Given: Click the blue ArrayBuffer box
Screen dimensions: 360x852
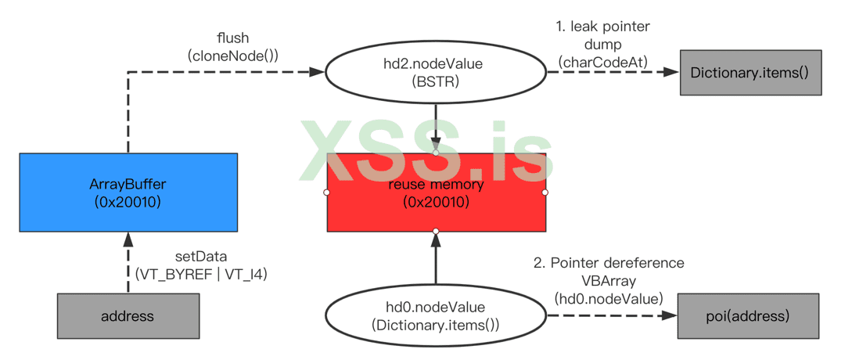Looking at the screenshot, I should [x=128, y=193].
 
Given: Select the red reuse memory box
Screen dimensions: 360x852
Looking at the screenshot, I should [x=436, y=193].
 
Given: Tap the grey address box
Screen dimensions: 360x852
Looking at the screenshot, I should [x=128, y=316].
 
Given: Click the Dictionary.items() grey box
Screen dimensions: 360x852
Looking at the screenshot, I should [x=750, y=73].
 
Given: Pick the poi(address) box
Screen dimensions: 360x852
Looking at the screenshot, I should [x=748, y=316].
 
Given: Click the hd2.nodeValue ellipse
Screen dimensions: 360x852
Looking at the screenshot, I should [x=436, y=73].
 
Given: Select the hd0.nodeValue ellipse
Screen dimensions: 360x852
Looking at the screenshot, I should [x=436, y=316].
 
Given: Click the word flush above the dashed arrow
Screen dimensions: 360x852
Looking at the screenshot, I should [x=232, y=38].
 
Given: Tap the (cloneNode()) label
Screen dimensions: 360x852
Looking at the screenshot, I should [x=232, y=56].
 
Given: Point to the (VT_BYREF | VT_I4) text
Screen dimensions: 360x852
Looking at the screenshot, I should [x=201, y=275].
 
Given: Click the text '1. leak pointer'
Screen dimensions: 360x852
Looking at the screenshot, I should [x=602, y=27].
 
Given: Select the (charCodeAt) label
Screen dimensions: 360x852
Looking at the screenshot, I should [x=602, y=61].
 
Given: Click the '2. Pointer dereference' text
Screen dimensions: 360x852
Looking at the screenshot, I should [x=609, y=263].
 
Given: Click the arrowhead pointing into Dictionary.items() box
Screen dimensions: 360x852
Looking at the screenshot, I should [x=671, y=72].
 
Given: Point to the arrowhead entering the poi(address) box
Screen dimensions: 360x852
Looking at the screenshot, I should [x=670, y=316].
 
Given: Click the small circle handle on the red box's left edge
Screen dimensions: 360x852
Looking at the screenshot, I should [x=327, y=193].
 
